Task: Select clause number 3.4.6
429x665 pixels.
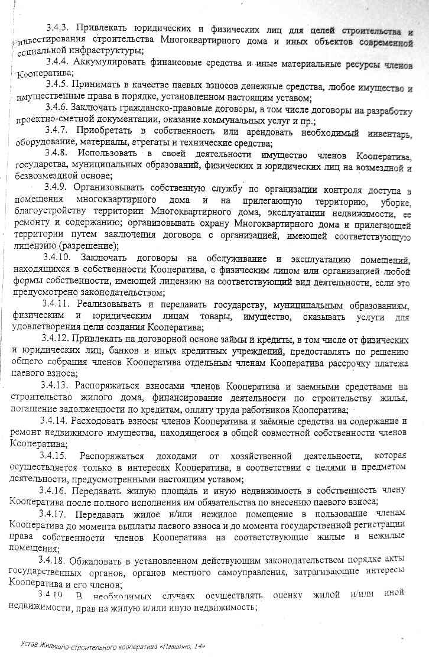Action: click(x=57, y=108)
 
